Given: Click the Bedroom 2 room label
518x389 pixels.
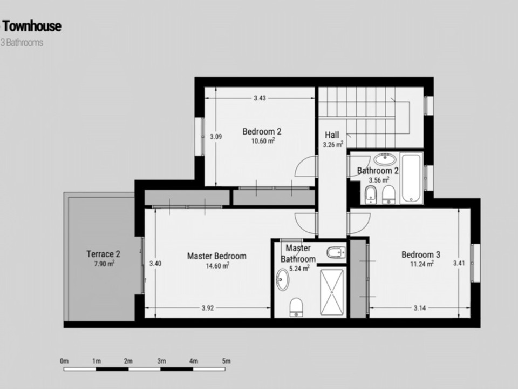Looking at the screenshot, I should pos(262,131).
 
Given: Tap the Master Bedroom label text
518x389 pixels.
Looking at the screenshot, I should pos(216,256).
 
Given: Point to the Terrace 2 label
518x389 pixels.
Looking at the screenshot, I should pos(103,254).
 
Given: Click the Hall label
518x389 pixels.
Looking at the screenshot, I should pos(332,135).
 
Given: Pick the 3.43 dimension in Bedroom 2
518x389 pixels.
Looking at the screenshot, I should pos(260,98).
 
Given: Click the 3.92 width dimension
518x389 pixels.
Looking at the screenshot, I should pos(208,308).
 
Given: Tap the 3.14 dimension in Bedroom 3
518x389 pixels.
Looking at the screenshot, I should pos(420,308).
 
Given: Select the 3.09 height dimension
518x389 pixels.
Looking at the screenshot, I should pos(216,137).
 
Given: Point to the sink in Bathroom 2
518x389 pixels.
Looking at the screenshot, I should pos(385,159).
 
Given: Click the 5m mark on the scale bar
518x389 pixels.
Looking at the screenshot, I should pos(226,361).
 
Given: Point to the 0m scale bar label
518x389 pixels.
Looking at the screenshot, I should pos(64,361).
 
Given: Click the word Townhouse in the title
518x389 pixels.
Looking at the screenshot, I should pos(32,26).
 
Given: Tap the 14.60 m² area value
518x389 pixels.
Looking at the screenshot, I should pos(216,265).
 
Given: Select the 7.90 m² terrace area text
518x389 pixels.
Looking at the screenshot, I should pos(103,263).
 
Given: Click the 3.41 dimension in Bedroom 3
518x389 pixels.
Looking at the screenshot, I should pos(459,264).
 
